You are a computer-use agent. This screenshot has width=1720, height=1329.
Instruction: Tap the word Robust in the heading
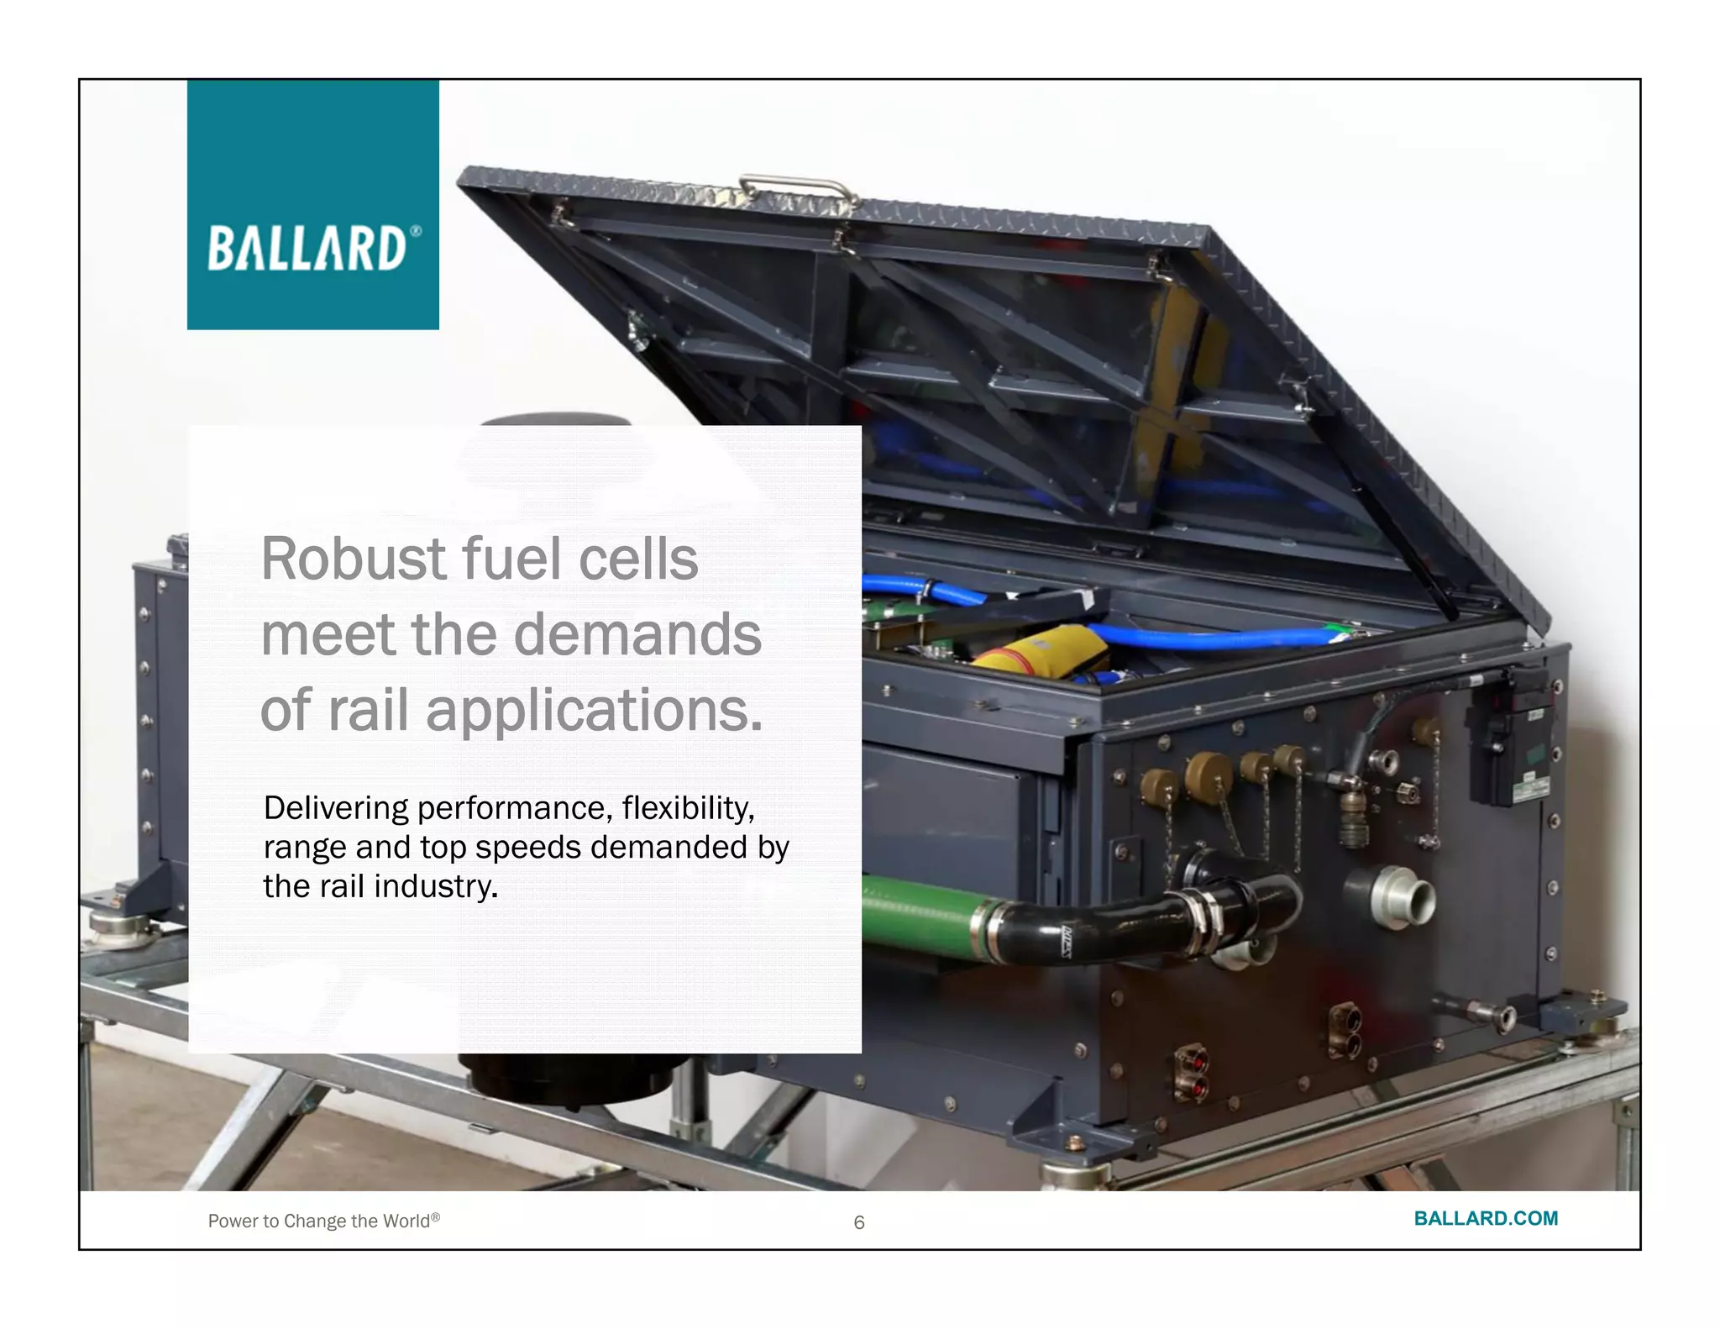tap(354, 559)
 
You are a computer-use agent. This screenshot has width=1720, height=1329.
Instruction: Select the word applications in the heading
tap(588, 712)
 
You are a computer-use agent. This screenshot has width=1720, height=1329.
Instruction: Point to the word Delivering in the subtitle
tap(335, 808)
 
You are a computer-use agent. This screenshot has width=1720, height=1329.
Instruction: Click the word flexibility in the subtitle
tap(686, 808)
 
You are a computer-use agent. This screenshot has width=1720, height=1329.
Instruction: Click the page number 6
tap(858, 1222)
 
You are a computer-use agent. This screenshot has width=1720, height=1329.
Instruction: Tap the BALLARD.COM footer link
tap(1485, 1218)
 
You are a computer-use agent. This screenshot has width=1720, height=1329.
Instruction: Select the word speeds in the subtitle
tap(528, 848)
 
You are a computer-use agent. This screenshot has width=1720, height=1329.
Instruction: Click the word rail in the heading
tap(366, 712)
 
